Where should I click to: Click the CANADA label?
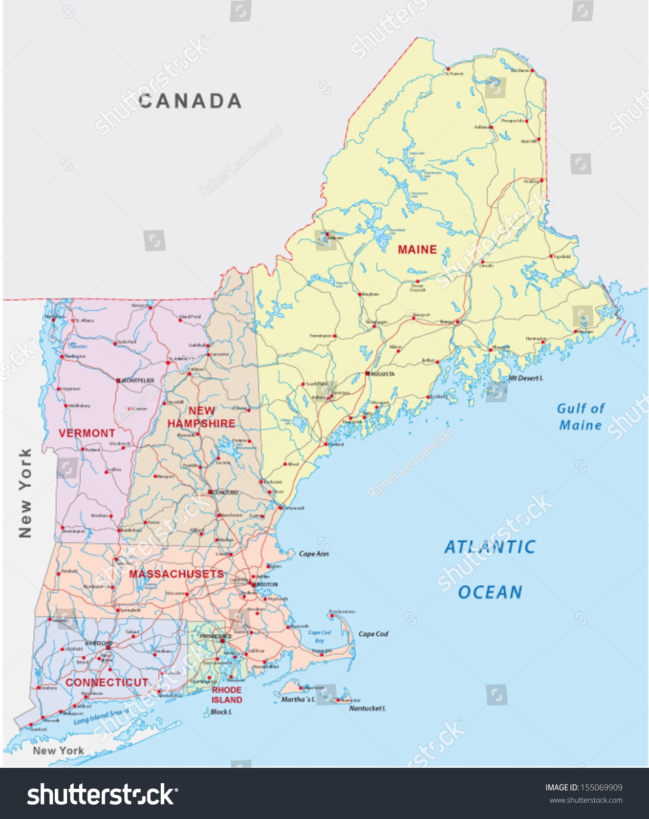(x=190, y=101)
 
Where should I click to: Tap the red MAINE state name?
(x=417, y=250)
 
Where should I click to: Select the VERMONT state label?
(x=87, y=434)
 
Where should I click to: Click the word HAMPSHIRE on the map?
(x=201, y=424)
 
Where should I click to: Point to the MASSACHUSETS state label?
(x=177, y=574)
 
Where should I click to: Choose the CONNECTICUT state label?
(x=106, y=683)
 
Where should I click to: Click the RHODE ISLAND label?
(x=227, y=695)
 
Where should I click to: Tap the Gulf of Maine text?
(x=580, y=417)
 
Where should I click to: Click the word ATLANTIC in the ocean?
(x=489, y=547)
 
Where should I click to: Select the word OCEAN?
(x=490, y=593)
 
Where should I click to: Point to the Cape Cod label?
(x=373, y=634)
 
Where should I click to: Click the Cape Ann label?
(x=313, y=554)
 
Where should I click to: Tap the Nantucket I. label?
(x=367, y=708)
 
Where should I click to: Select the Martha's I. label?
(x=298, y=699)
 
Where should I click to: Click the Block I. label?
(x=221, y=712)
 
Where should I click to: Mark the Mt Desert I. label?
(x=526, y=378)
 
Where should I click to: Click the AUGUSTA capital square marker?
(x=367, y=374)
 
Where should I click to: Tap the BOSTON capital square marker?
(x=253, y=584)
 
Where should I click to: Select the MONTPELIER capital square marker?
(x=118, y=381)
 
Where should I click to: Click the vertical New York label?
(x=25, y=493)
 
